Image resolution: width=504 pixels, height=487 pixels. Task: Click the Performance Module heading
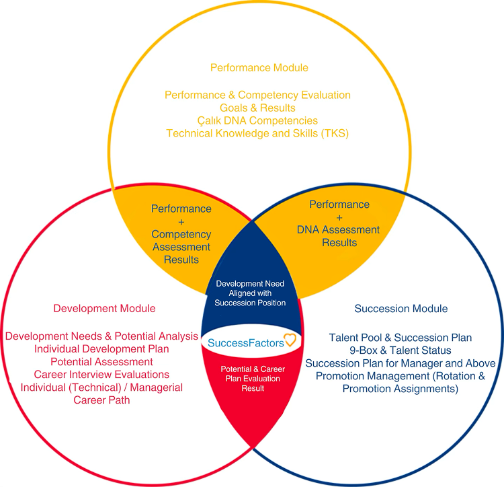(x=259, y=67)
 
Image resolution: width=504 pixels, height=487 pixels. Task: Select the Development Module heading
(x=104, y=308)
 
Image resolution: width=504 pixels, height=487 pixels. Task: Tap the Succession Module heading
(x=401, y=309)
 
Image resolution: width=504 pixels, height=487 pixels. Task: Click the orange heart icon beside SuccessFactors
(x=290, y=340)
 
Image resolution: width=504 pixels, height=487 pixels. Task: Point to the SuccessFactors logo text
(x=246, y=343)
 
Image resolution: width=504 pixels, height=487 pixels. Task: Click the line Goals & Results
(x=257, y=108)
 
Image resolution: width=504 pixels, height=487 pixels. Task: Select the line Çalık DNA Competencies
(x=257, y=120)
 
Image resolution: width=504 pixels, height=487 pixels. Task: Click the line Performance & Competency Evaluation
(x=257, y=95)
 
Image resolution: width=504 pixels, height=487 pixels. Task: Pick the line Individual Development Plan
(x=101, y=348)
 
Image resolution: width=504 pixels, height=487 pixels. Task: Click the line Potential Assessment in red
(x=101, y=362)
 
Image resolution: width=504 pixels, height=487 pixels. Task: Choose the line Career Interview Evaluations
(x=101, y=375)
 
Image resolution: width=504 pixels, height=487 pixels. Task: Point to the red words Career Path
(x=101, y=400)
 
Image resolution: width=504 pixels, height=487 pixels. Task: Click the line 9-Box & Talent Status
(x=401, y=350)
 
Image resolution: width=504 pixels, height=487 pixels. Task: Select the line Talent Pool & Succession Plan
(x=401, y=338)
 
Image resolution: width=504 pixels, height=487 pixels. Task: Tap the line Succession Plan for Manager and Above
(x=401, y=363)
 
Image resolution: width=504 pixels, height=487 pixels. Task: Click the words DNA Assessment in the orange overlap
(x=338, y=229)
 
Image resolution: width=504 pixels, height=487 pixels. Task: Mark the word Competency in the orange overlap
(x=181, y=235)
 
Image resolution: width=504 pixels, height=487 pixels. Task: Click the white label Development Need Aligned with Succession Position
(x=250, y=293)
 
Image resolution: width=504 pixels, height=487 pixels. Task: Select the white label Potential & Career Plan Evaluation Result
(x=253, y=378)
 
